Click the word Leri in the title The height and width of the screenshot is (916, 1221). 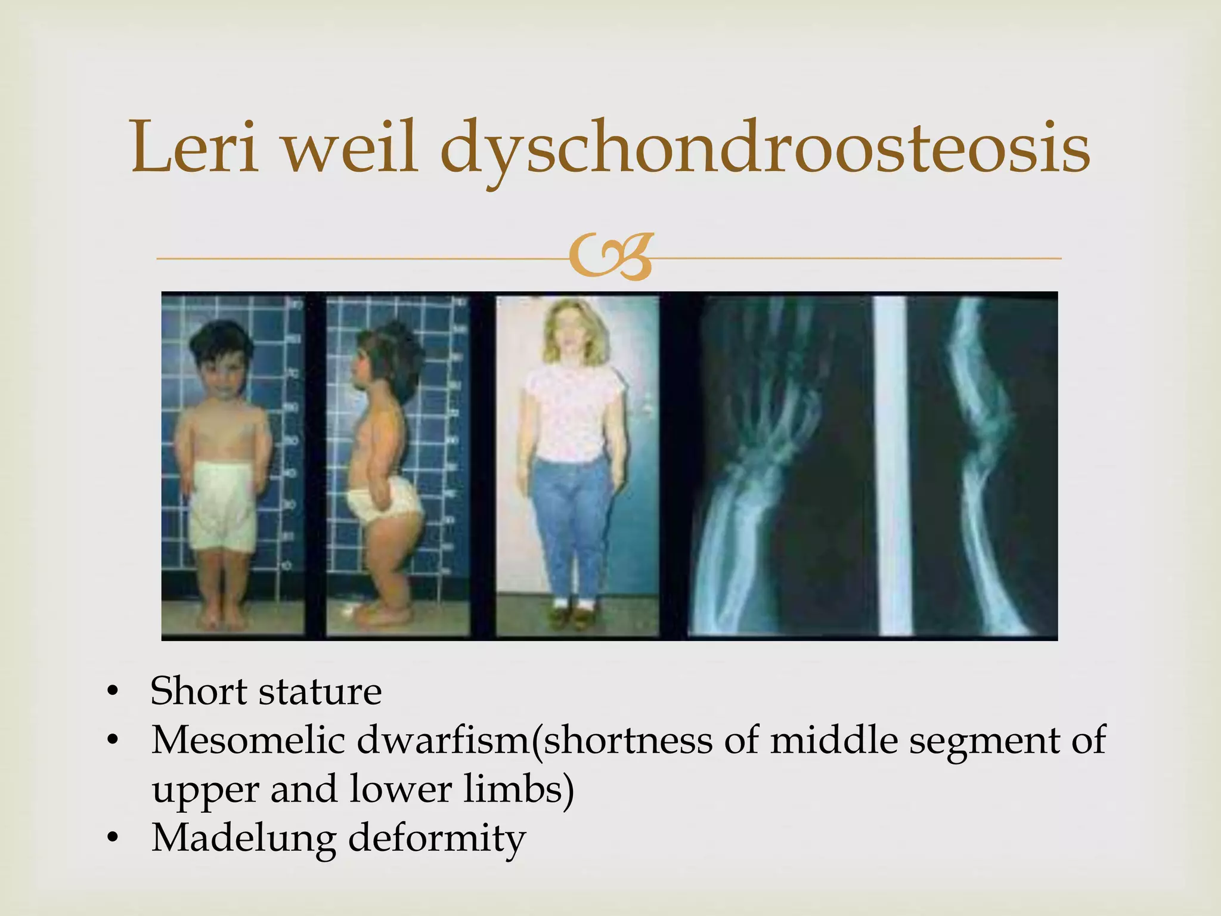click(x=194, y=147)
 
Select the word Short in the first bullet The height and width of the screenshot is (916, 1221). click(x=198, y=692)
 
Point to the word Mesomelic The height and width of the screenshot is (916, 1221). click(x=248, y=741)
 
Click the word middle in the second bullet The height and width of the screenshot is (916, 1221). click(x=834, y=741)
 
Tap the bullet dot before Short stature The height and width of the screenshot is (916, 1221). click(x=113, y=692)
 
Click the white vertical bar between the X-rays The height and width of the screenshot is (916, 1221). click(x=892, y=465)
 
